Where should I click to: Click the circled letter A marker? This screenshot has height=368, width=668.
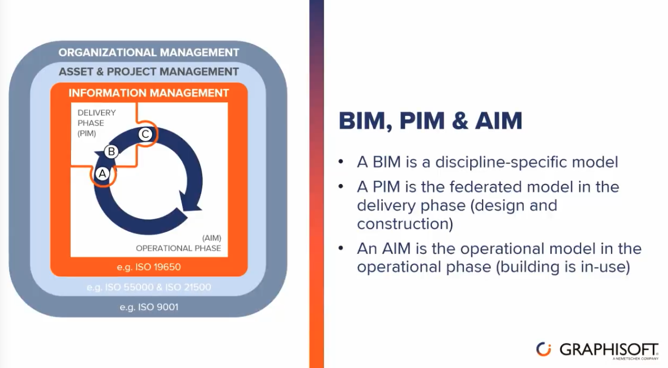click(x=102, y=173)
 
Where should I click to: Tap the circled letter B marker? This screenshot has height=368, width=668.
click(x=111, y=151)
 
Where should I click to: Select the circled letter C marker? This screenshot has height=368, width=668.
click(x=145, y=134)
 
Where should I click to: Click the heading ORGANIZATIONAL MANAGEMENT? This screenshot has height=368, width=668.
click(x=149, y=52)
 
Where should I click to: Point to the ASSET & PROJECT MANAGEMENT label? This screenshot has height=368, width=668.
click(x=149, y=71)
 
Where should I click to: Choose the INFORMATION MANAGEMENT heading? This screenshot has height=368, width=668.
click(x=149, y=93)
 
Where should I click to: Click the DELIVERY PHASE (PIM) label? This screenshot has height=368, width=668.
click(x=96, y=123)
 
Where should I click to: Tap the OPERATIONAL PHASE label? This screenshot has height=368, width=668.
click(x=179, y=248)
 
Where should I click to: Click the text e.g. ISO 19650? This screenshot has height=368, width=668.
click(x=149, y=267)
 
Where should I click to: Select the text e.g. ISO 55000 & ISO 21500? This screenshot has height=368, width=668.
click(x=149, y=287)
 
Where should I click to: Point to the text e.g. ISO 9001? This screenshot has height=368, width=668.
click(x=149, y=307)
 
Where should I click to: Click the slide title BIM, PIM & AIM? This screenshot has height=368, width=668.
click(x=430, y=120)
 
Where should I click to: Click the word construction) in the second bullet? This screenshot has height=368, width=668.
click(x=405, y=224)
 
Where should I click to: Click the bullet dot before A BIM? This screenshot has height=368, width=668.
click(x=341, y=161)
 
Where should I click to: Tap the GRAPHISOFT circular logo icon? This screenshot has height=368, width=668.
click(x=543, y=349)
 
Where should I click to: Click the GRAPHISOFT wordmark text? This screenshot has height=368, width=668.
click(x=609, y=349)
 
